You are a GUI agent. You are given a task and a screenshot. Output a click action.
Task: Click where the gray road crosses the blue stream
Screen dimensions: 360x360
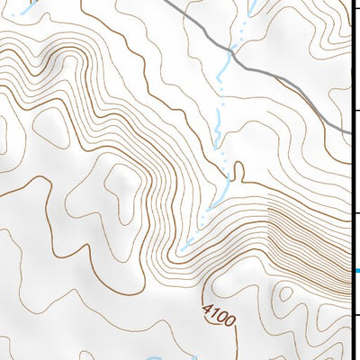[231, 53]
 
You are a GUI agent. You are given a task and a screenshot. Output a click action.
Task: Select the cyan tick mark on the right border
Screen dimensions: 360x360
[355, 270]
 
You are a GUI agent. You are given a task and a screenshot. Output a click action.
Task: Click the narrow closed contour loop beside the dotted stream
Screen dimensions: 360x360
[238, 170]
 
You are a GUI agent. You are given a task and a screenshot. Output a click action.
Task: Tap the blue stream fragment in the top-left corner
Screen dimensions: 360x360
[27, 7]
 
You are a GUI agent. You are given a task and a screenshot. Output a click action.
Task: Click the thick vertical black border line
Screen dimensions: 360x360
[350, 180]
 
